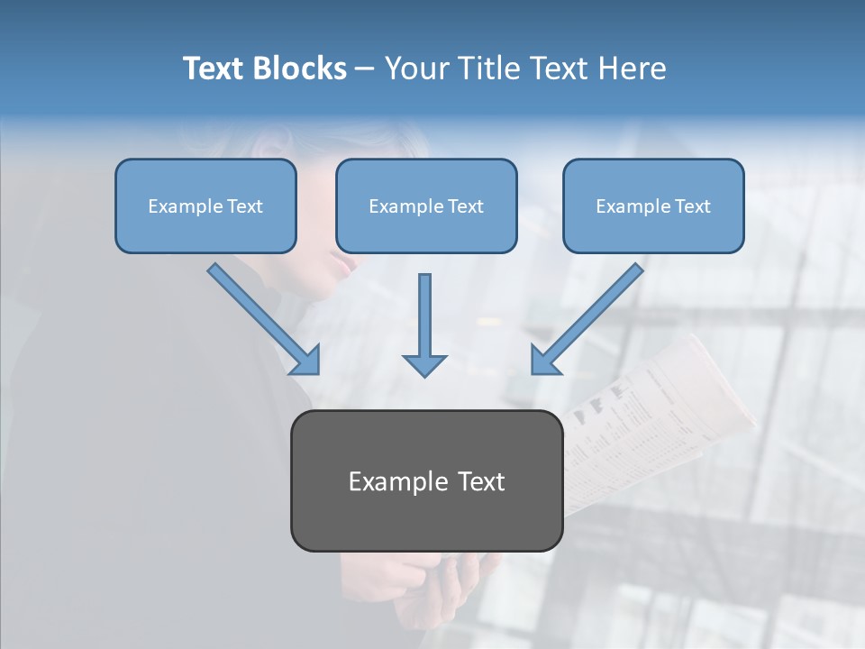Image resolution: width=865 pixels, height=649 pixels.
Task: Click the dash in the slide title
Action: click(x=365, y=69)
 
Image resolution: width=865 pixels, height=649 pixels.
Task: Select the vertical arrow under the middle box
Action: click(x=424, y=324)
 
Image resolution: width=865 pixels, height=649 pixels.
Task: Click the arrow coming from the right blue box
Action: click(x=587, y=318)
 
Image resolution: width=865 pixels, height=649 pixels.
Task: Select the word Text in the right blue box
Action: click(x=693, y=206)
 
